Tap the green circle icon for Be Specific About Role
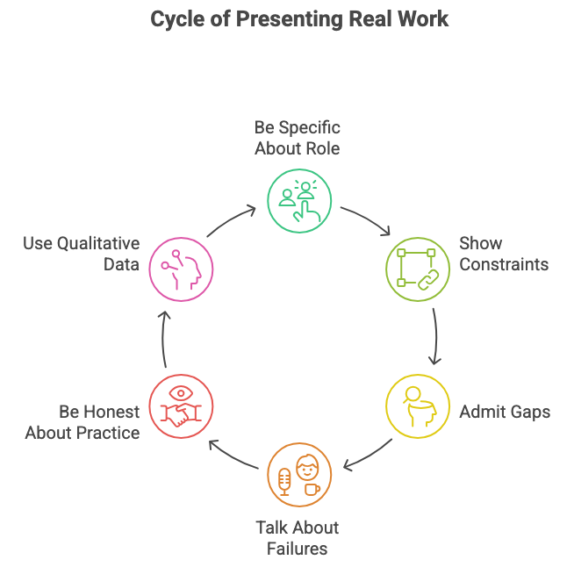(298, 200)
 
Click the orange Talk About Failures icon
(298, 475)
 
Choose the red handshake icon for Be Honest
(181, 406)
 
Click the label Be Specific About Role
(298, 138)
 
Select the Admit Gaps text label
(505, 411)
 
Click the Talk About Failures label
(298, 538)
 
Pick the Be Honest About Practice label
(82, 421)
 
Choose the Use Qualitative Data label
(82, 254)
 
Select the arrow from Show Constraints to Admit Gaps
(436, 337)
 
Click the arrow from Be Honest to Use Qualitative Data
(163, 337)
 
